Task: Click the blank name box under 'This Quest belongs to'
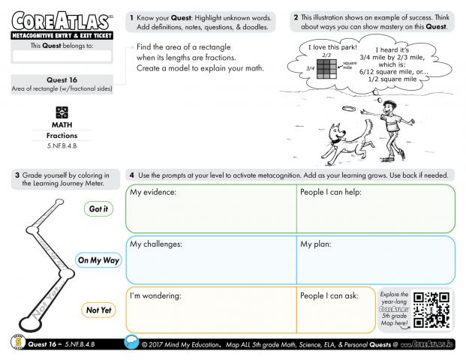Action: [x=62, y=56]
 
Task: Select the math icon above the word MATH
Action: [x=62, y=111]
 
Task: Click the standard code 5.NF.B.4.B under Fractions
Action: [x=62, y=144]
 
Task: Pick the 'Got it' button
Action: [x=98, y=209]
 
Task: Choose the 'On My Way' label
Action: [x=99, y=260]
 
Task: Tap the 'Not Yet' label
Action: [x=98, y=310]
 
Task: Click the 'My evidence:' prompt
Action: [x=153, y=193]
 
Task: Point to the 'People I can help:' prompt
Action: [x=331, y=193]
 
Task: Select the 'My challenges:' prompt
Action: [x=156, y=244]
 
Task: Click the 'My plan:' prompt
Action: [x=317, y=244]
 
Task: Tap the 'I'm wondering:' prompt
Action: [x=155, y=295]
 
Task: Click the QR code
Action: [x=431, y=309]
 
